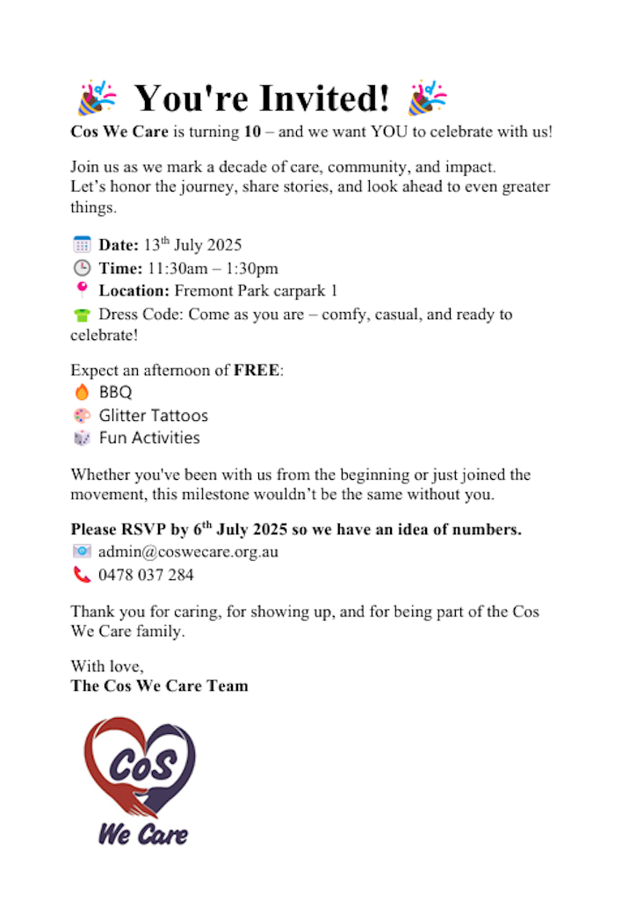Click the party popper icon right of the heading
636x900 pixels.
point(428,98)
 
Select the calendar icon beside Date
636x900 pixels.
point(82,245)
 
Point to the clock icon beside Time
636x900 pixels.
point(82,268)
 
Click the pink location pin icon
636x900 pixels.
point(82,290)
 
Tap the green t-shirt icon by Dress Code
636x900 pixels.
point(82,314)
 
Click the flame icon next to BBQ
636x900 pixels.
point(82,393)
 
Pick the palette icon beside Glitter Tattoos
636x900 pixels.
point(82,415)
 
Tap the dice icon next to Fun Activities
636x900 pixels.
point(82,438)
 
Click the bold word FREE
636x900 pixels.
point(257,370)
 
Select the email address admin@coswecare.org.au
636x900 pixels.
point(188,553)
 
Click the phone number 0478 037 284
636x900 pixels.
point(146,576)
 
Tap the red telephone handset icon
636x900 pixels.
point(82,576)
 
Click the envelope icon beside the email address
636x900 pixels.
point(82,552)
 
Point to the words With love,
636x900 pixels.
point(107,666)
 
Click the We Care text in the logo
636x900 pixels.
point(142,832)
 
